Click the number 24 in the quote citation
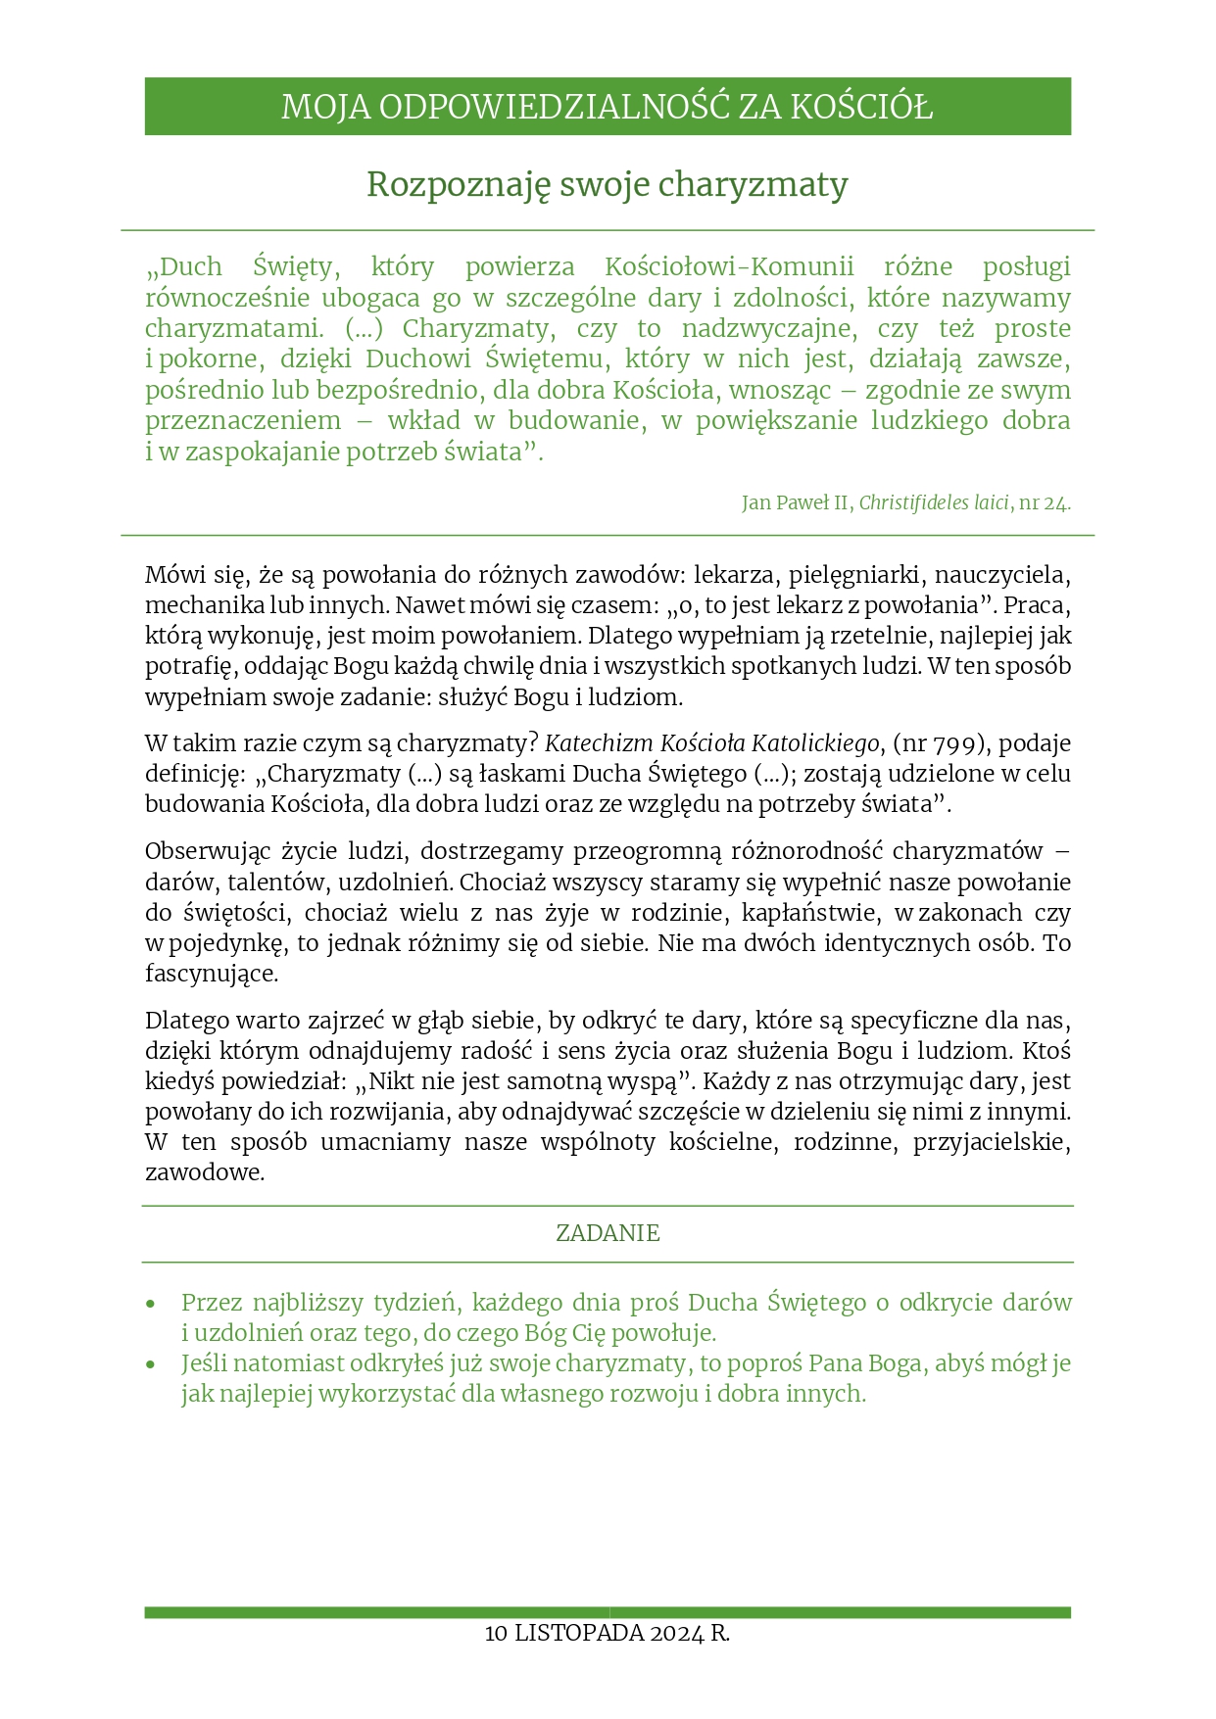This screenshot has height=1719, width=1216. [1055, 503]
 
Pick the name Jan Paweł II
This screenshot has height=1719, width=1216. [797, 503]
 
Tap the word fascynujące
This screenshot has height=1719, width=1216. [212, 975]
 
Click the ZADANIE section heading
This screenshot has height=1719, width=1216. [608, 1233]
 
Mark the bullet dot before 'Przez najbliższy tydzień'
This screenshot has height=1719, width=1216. [150, 1305]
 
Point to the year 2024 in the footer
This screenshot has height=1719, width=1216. [676, 1634]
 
